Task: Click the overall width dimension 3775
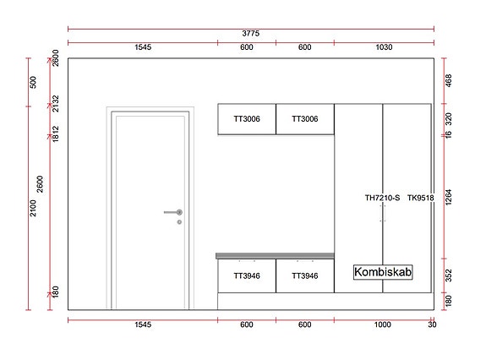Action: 250,33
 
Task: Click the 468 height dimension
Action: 448,81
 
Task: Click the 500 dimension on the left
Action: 33,82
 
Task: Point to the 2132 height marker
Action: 56,102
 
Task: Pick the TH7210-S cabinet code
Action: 383,198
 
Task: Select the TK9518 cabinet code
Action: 420,198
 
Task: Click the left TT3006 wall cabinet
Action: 247,119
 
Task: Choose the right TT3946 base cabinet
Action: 304,275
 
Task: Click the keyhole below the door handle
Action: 179,221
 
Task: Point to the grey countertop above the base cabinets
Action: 276,255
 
